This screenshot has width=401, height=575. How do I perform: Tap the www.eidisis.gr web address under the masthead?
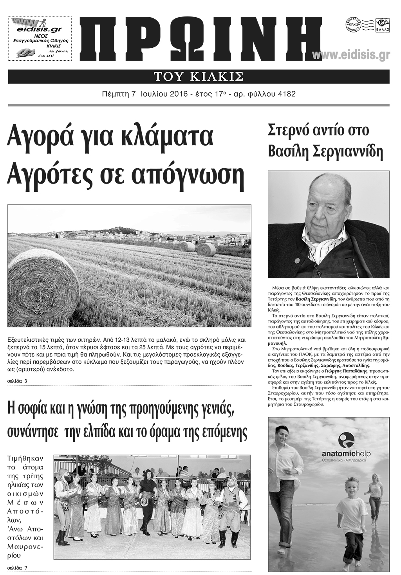click(x=351, y=56)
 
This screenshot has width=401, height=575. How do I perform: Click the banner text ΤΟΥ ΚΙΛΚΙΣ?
click(x=199, y=76)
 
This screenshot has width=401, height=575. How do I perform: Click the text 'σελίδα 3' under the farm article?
click(x=17, y=381)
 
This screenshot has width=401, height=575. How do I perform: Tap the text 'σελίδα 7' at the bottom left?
click(x=17, y=568)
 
